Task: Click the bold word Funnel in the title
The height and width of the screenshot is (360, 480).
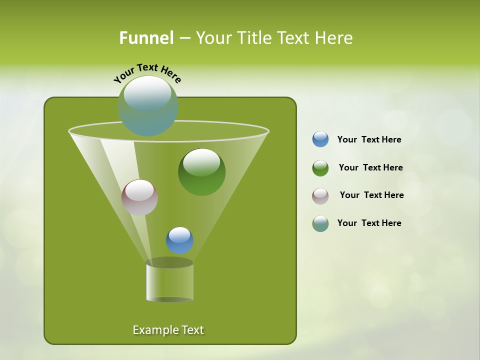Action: tap(146, 38)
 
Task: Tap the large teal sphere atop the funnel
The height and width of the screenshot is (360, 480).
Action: tap(148, 106)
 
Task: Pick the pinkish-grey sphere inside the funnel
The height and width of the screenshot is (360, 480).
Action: tap(140, 197)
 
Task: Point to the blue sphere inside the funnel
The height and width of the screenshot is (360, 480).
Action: tap(180, 240)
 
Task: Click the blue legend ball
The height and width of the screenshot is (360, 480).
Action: tap(320, 139)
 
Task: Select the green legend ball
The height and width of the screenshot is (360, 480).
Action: tap(320, 168)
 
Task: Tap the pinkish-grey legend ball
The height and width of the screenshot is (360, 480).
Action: tap(320, 196)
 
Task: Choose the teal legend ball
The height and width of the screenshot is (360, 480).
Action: tap(320, 223)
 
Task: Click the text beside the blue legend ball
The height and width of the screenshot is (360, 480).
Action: tap(369, 139)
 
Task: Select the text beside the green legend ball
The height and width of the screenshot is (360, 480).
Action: tap(370, 167)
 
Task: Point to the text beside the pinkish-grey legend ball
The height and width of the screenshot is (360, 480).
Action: tap(371, 195)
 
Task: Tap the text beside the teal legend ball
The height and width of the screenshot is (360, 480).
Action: tap(369, 223)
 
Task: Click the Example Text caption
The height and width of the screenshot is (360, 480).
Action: tap(168, 330)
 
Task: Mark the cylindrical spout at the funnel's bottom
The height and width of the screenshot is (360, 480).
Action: tap(170, 281)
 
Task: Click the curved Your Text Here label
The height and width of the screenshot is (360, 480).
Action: tap(147, 72)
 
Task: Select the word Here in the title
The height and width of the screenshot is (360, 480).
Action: tap(334, 38)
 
